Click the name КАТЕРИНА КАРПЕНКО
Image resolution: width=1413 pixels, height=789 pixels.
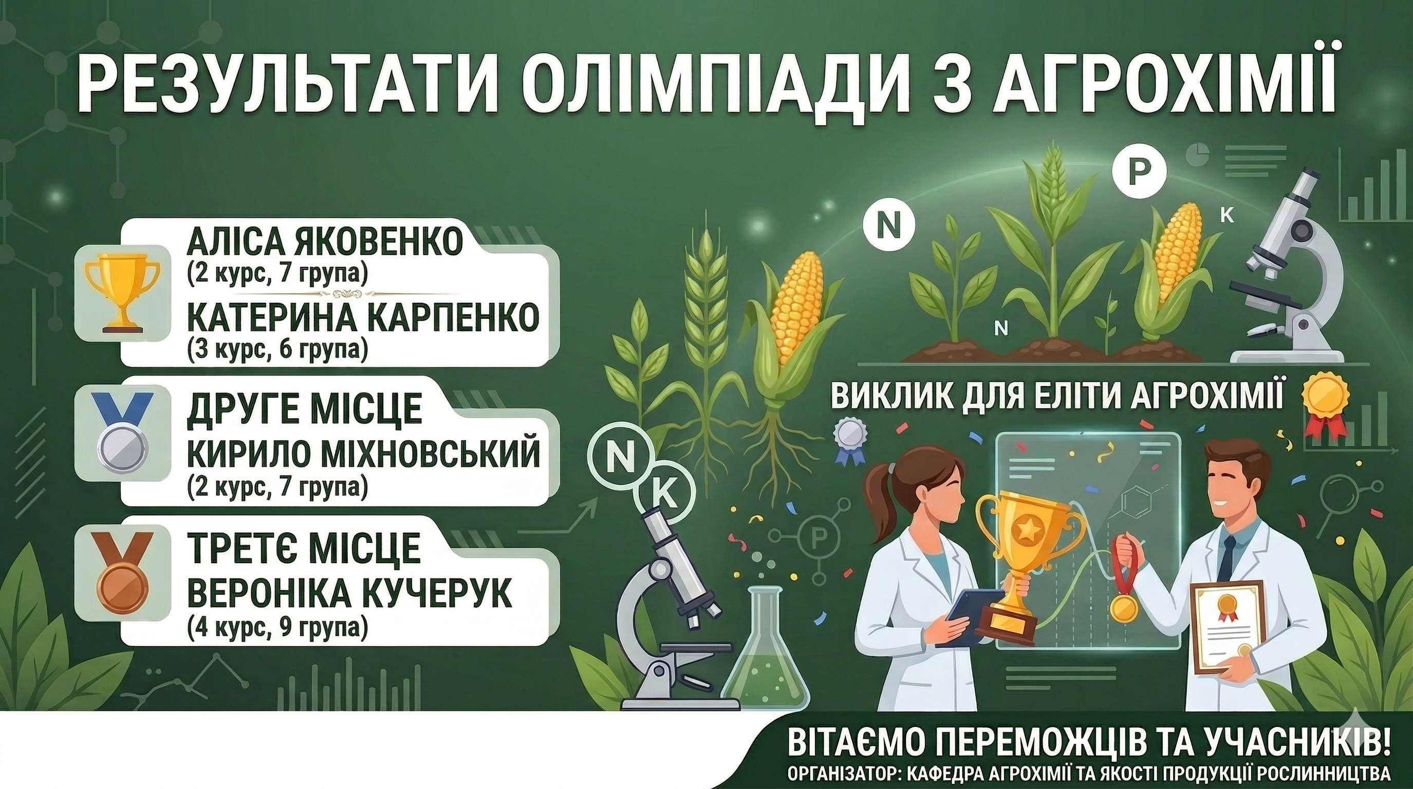coord(363,318)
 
